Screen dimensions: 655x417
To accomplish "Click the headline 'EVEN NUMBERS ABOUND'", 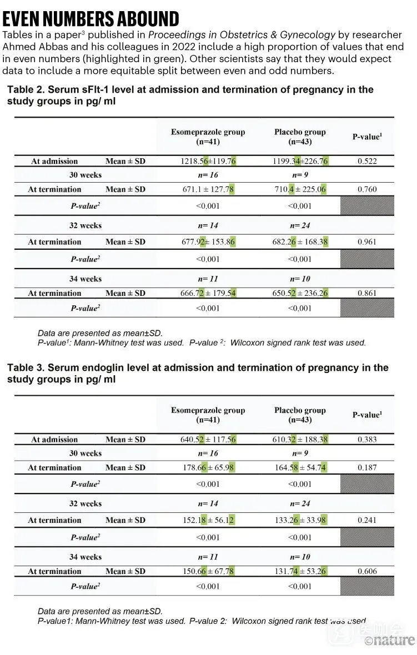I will click(x=91, y=19).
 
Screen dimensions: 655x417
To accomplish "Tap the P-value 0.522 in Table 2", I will click(x=366, y=161).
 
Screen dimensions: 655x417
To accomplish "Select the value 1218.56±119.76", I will click(x=208, y=161).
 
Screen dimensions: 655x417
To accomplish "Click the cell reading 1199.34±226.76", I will click(x=300, y=161).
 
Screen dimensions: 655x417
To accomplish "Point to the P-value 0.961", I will click(x=366, y=242).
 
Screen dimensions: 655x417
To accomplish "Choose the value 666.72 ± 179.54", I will click(x=208, y=293).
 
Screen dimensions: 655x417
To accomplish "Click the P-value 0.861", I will click(x=366, y=293).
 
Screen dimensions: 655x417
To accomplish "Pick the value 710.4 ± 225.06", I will click(x=300, y=189).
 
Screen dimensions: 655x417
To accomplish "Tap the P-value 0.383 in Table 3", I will click(x=366, y=440).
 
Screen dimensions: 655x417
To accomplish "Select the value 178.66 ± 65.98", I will click(x=208, y=467).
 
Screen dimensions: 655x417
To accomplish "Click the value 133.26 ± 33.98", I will click(x=300, y=520).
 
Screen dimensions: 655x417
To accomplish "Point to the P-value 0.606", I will click(x=366, y=571).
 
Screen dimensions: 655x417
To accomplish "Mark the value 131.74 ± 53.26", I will click(x=300, y=571).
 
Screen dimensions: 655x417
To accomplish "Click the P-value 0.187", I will click(x=366, y=467).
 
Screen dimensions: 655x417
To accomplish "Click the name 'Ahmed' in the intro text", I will click(x=16, y=47).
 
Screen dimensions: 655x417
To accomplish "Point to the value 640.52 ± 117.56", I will click(x=208, y=440).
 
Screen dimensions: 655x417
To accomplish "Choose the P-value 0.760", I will click(x=366, y=189).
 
